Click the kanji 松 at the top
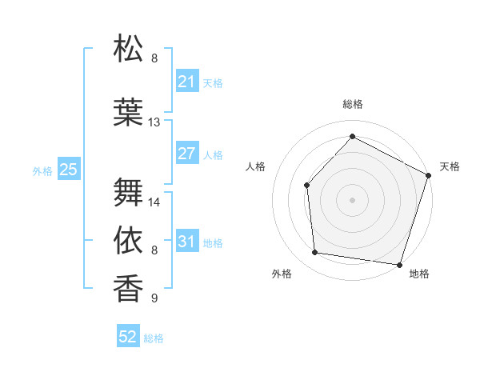click(129, 49)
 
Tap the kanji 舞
click(129, 192)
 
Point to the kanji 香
click(129, 287)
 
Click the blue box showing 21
click(187, 82)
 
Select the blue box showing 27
click(187, 154)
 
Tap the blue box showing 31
click(187, 242)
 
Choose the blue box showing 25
click(69, 170)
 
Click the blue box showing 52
click(128, 338)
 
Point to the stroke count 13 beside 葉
click(154, 122)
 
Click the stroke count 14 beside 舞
click(154, 202)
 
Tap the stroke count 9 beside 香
click(154, 298)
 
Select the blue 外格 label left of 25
click(42, 170)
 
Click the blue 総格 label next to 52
click(154, 338)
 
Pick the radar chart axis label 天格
click(450, 166)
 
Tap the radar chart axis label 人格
click(255, 166)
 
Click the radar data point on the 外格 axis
click(315, 253)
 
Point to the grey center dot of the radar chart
click(352, 199)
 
